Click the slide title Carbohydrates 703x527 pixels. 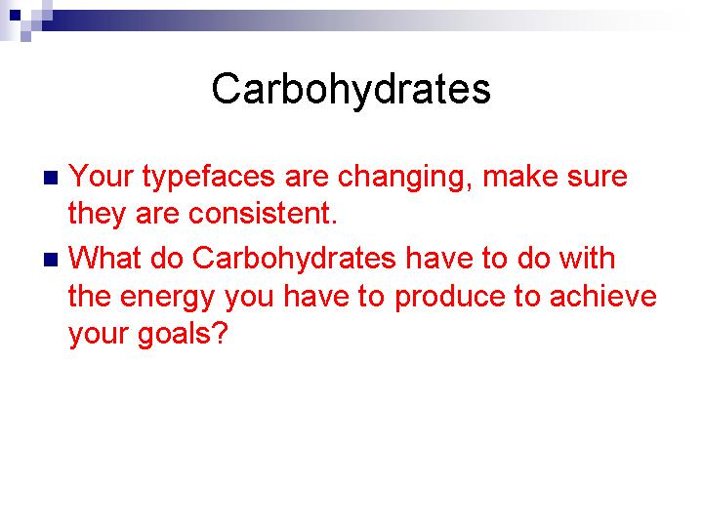[351, 90]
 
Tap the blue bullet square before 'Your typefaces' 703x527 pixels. [51, 178]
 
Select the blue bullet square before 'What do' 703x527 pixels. [51, 260]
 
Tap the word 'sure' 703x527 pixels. [598, 179]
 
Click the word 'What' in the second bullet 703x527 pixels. [104, 258]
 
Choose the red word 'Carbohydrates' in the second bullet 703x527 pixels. [294, 261]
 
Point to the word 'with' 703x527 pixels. [588, 258]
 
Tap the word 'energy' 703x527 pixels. [168, 299]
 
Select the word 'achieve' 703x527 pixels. [603, 297]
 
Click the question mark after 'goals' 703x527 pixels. [220, 333]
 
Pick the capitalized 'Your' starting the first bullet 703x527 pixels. [101, 176]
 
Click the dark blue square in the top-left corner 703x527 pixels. [16, 16]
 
